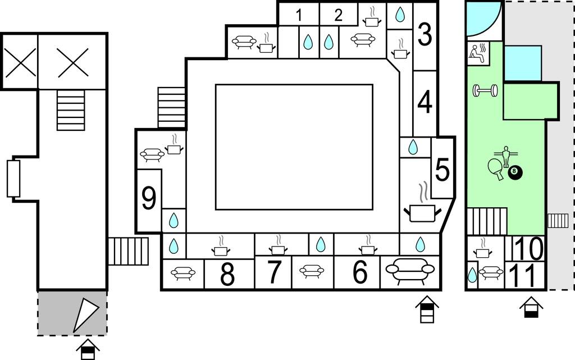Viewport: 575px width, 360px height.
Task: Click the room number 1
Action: click(299, 15)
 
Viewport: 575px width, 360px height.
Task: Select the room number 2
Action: click(338, 15)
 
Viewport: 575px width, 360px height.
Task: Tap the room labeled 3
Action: click(425, 35)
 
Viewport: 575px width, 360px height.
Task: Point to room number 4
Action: click(425, 102)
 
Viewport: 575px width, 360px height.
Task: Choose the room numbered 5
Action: click(442, 170)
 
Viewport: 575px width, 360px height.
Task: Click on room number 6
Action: click(360, 273)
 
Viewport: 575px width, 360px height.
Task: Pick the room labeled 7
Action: click(273, 273)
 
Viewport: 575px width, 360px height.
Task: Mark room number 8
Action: click(227, 275)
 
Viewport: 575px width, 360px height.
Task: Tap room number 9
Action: click(149, 199)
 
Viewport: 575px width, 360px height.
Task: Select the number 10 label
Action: click(528, 248)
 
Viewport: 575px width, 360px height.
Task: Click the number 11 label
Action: click(526, 276)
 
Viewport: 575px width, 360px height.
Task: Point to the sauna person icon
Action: click(478, 53)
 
